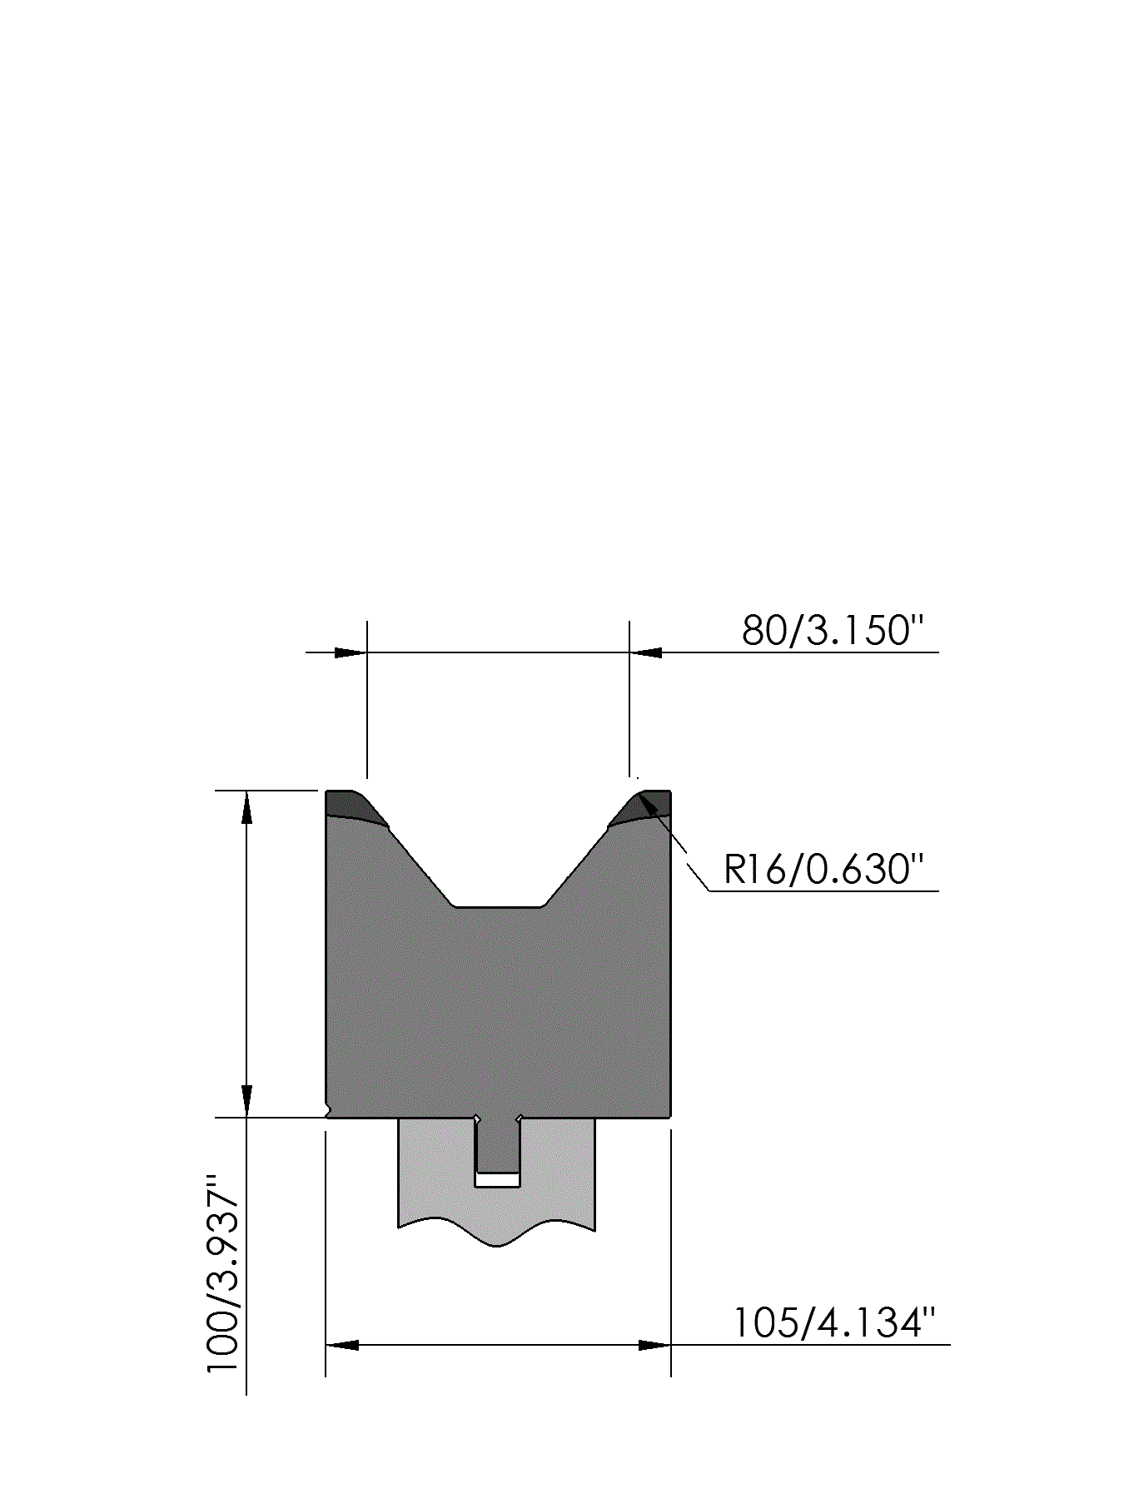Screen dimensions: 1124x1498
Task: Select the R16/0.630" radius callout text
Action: [x=824, y=870]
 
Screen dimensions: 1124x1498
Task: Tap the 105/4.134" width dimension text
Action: [x=835, y=1322]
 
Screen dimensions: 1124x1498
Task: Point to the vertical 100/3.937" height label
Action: [x=223, y=1273]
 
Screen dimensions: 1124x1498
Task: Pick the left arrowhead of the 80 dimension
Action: [x=351, y=652]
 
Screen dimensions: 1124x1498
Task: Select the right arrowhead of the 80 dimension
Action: [x=645, y=652]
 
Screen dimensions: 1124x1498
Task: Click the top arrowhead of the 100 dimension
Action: [x=246, y=806]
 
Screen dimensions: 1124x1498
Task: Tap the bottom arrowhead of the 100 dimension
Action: [x=246, y=1101]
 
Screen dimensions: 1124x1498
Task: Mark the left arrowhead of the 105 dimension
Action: [x=341, y=1345]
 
